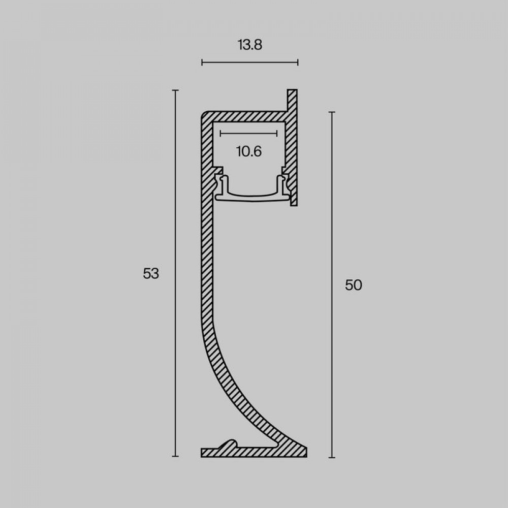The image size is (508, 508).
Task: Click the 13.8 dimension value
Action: click(x=250, y=45)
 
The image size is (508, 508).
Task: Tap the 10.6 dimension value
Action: click(x=249, y=151)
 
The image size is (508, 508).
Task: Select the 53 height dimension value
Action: click(x=151, y=274)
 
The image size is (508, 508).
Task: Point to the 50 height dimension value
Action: click(x=354, y=285)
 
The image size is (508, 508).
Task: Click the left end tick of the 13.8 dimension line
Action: click(x=202, y=62)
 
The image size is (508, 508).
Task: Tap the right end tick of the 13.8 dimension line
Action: click(x=298, y=62)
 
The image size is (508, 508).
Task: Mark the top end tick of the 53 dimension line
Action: click(x=175, y=90)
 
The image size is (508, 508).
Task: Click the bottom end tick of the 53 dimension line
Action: click(x=175, y=456)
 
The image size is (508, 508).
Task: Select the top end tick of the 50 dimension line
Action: click(x=332, y=112)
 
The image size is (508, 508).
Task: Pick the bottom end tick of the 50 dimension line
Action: click(x=332, y=458)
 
